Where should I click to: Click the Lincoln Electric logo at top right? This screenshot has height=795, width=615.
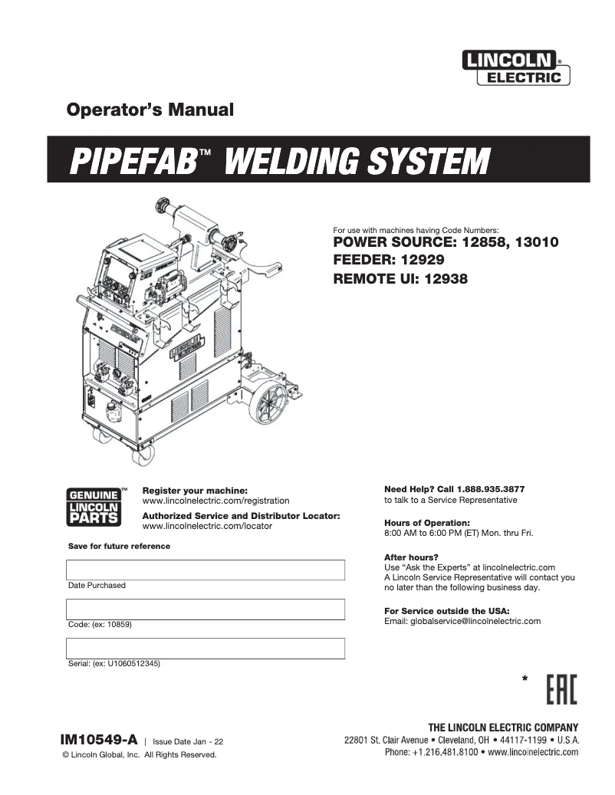pyautogui.click(x=515, y=67)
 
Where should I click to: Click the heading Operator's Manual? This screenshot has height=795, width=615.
pyautogui.click(x=150, y=110)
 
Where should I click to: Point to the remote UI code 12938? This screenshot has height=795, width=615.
pyautogui.click(x=442, y=279)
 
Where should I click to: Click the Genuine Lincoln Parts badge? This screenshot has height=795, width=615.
pyautogui.click(x=94, y=507)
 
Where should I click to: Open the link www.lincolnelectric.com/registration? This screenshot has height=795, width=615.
pyautogui.click(x=215, y=501)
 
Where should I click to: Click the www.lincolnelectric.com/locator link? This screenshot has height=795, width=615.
pyautogui.click(x=207, y=527)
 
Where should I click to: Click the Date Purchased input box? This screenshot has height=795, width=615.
pyautogui.click(x=206, y=570)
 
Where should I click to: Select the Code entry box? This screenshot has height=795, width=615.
pyautogui.click(x=206, y=609)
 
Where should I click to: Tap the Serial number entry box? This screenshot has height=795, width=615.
pyautogui.click(x=206, y=649)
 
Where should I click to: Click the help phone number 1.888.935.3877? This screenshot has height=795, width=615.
pyautogui.click(x=491, y=489)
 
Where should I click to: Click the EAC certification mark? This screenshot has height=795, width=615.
pyautogui.click(x=562, y=690)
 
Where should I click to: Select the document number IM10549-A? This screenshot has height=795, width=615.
pyautogui.click(x=99, y=740)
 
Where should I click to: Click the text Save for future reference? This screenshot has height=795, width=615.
pyautogui.click(x=119, y=546)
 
